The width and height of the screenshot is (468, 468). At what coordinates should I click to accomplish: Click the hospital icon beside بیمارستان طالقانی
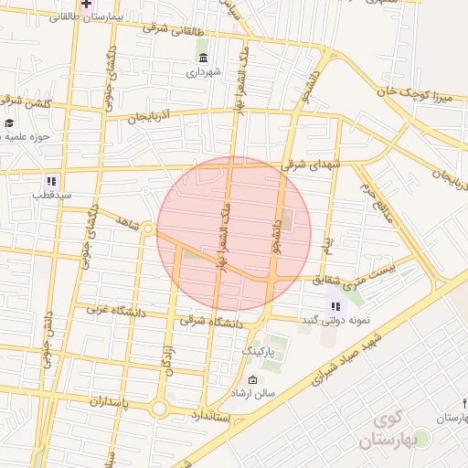click(86, 5)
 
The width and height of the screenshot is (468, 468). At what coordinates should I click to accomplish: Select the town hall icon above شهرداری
click(201, 58)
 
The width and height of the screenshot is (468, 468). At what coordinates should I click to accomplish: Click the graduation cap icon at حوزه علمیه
click(9, 123)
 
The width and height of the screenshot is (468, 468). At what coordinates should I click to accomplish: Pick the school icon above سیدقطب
click(50, 181)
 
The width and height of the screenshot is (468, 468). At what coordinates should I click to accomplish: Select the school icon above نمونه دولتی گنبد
click(335, 306)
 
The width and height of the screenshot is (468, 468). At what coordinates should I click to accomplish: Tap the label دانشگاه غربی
click(116, 311)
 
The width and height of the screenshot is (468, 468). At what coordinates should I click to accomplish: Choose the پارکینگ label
click(258, 351)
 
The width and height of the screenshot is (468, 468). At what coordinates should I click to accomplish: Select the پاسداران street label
click(113, 401)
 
